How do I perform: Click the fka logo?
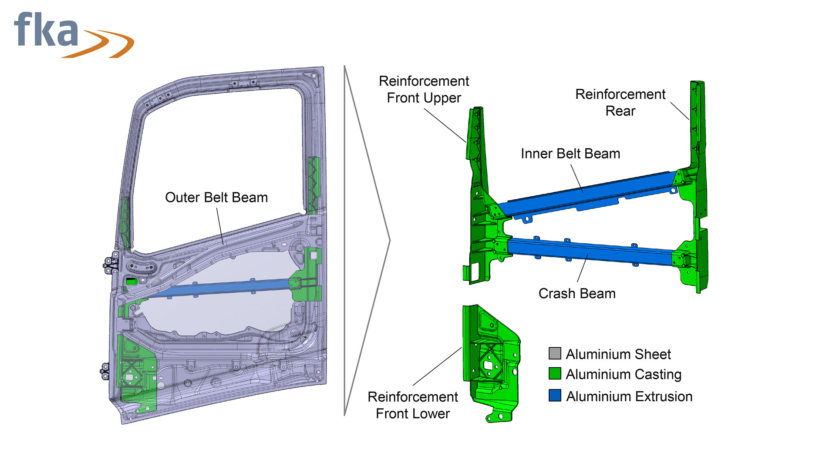pyautogui.click(x=74, y=35)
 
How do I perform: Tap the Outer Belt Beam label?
pyautogui.click(x=216, y=198)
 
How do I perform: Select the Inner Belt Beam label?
pyautogui.click(x=570, y=154)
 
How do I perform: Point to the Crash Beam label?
pyautogui.click(x=577, y=294)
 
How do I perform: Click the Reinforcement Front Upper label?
pyautogui.click(x=424, y=90)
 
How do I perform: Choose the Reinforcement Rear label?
pyautogui.click(x=620, y=103)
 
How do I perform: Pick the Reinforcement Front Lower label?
pyautogui.click(x=413, y=405)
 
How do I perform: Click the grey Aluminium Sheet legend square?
pyautogui.click(x=555, y=353)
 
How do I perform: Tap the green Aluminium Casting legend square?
pyautogui.click(x=555, y=374)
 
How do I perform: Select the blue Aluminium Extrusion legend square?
pyautogui.click(x=555, y=395)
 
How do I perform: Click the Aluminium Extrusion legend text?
pyautogui.click(x=629, y=396)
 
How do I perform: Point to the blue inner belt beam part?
pyautogui.click(x=588, y=194)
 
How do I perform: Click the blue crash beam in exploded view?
pyautogui.click(x=590, y=252)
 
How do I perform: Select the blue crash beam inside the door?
pyautogui.click(x=222, y=288)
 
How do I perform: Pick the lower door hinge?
pyautogui.click(x=105, y=371)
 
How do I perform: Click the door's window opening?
pyautogui.click(x=218, y=165)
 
